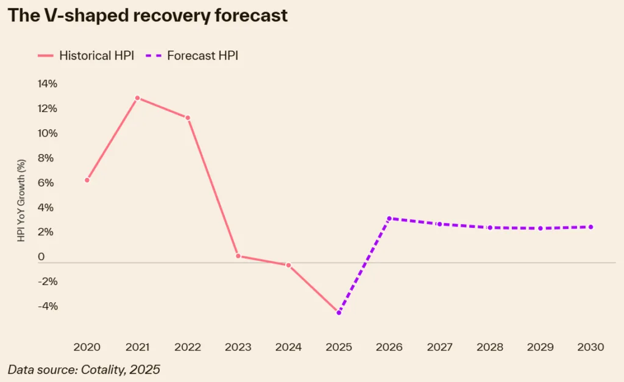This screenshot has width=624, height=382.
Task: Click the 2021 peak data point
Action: pyautogui.click(x=138, y=98)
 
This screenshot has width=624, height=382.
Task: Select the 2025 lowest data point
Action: pyautogui.click(x=339, y=313)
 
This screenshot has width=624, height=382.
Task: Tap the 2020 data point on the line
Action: pyautogui.click(x=87, y=180)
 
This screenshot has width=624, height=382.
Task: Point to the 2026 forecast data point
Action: pyautogui.click(x=389, y=218)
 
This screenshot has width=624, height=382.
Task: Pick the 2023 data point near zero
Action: pyautogui.click(x=238, y=256)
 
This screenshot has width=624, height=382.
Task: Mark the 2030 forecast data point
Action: pyautogui.click(x=590, y=227)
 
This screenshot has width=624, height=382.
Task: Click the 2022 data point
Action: pyautogui.click(x=188, y=118)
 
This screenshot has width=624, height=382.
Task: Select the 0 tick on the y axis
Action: pyautogui.click(x=41, y=257)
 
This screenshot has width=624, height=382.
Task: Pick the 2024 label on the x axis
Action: pyautogui.click(x=288, y=347)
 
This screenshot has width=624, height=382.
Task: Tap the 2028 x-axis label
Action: pyautogui.click(x=490, y=347)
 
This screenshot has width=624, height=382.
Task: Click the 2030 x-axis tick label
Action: pyautogui.click(x=590, y=347)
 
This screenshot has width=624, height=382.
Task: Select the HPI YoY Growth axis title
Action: pyautogui.click(x=21, y=201)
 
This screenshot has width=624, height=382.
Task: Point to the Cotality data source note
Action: pyautogui.click(x=84, y=369)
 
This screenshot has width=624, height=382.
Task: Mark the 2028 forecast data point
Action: pyautogui.click(x=490, y=228)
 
